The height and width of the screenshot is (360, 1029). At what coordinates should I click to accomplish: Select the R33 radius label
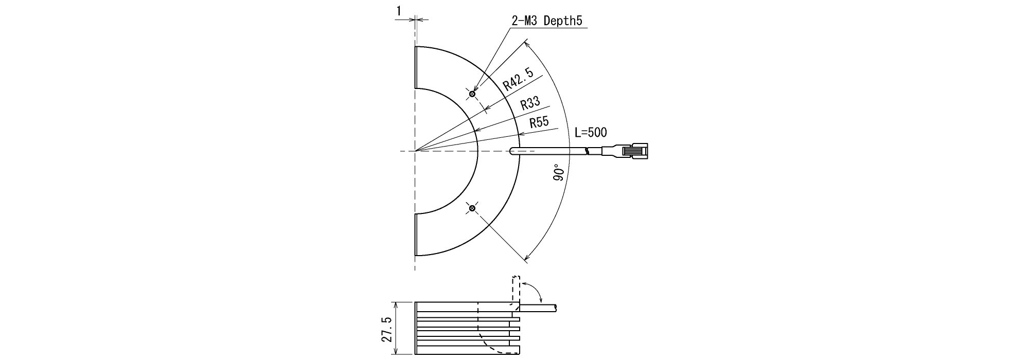click(x=529, y=103)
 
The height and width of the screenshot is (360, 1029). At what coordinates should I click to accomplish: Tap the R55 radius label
click(x=539, y=122)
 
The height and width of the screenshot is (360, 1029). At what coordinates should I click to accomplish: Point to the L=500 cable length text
click(x=591, y=133)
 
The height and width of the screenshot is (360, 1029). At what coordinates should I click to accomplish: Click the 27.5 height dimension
click(x=387, y=329)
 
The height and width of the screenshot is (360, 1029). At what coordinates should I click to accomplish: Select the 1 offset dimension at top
click(x=399, y=10)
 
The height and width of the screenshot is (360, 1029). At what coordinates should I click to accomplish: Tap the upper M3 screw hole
click(x=472, y=94)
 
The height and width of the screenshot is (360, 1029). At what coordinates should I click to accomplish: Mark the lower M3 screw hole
click(x=472, y=208)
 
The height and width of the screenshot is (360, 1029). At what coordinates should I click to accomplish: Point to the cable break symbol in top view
click(x=588, y=151)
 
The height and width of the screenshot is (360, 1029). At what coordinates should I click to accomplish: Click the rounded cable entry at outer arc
click(x=513, y=151)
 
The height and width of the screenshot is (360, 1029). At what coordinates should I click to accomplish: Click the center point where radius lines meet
click(x=415, y=151)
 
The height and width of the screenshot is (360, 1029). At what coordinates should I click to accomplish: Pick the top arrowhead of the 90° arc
click(x=527, y=43)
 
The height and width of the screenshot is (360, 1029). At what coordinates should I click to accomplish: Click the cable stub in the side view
click(x=538, y=308)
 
